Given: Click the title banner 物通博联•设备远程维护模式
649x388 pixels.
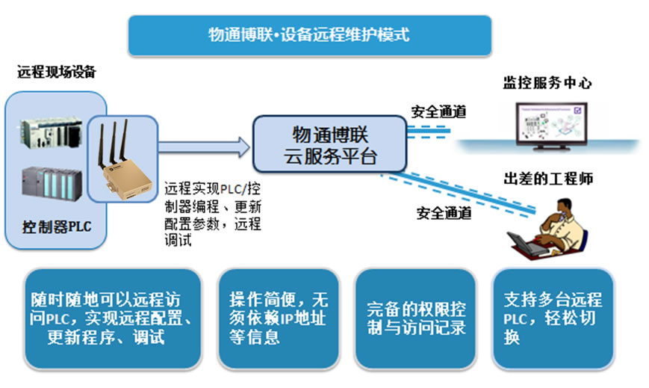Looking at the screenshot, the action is point(310,35).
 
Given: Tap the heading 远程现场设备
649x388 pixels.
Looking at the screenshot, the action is point(57,72).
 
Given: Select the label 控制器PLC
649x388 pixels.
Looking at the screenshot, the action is point(57,227).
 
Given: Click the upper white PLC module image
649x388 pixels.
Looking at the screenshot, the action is point(52,133).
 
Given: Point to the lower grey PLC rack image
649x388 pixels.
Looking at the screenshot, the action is point(52,184).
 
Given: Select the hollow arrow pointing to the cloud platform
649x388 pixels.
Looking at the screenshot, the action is point(205,147).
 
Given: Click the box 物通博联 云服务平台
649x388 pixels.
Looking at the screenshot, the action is point(330,144).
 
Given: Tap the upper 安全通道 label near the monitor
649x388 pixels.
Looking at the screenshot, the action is point(438,111).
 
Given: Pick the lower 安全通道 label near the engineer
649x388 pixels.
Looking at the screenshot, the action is point(444,213).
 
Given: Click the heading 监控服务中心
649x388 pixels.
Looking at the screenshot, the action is point(547,83).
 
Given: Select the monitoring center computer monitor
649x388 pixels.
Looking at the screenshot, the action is point(551,126).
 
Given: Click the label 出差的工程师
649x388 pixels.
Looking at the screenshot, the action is point(548,179).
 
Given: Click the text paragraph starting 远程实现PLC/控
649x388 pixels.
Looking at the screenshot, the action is point(213,215).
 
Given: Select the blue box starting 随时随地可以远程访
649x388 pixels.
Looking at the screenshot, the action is point(113,318).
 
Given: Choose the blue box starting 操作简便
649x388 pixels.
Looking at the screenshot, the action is point(279,318).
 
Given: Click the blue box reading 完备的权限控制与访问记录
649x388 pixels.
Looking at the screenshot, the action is point(416,318).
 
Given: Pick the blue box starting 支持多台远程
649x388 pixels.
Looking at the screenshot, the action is point(553,318).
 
